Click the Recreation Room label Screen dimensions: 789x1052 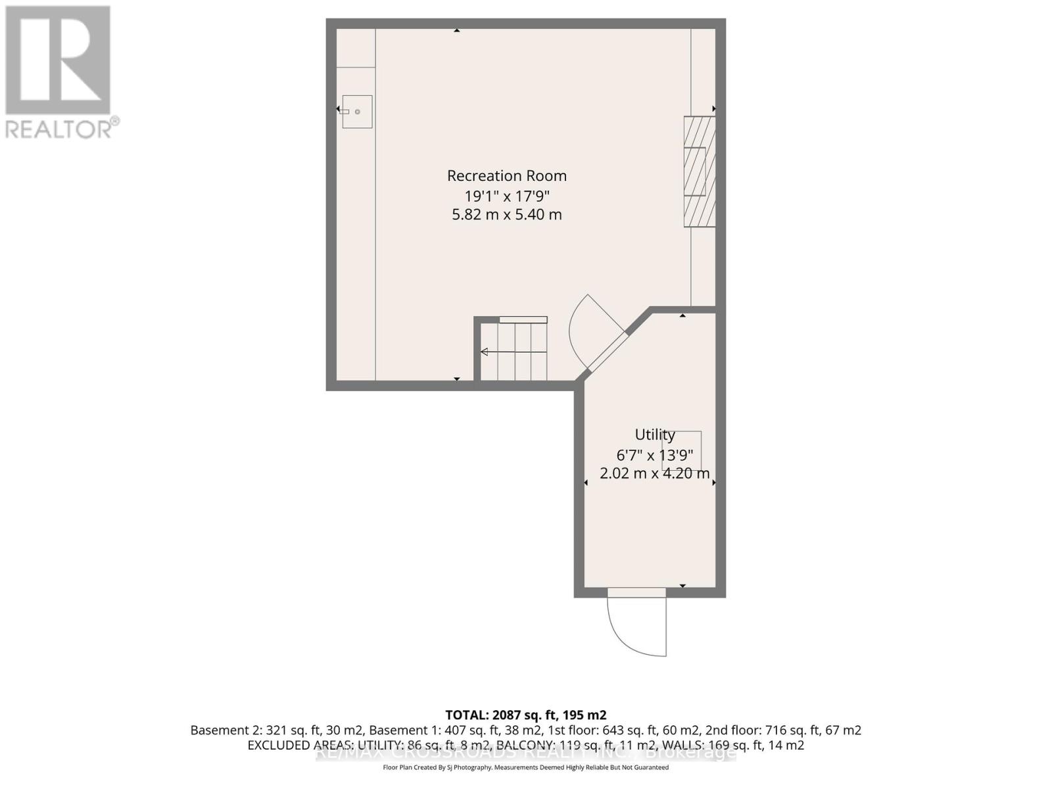pyautogui.click(x=506, y=176)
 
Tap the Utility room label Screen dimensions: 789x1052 pyautogui.click(x=654, y=435)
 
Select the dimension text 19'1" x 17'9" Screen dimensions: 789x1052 pyautogui.click(x=506, y=195)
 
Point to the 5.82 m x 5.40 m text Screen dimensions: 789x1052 pyautogui.click(x=506, y=214)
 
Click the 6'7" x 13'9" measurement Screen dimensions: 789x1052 pyautogui.click(x=654, y=454)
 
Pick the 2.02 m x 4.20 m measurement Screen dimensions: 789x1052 pyautogui.click(x=654, y=473)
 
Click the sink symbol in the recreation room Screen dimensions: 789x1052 pyautogui.click(x=357, y=112)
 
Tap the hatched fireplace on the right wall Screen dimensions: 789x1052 pyautogui.click(x=699, y=172)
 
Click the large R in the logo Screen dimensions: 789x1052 pyautogui.click(x=58, y=59)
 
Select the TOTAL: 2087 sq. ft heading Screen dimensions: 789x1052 pyautogui.click(x=525, y=715)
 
